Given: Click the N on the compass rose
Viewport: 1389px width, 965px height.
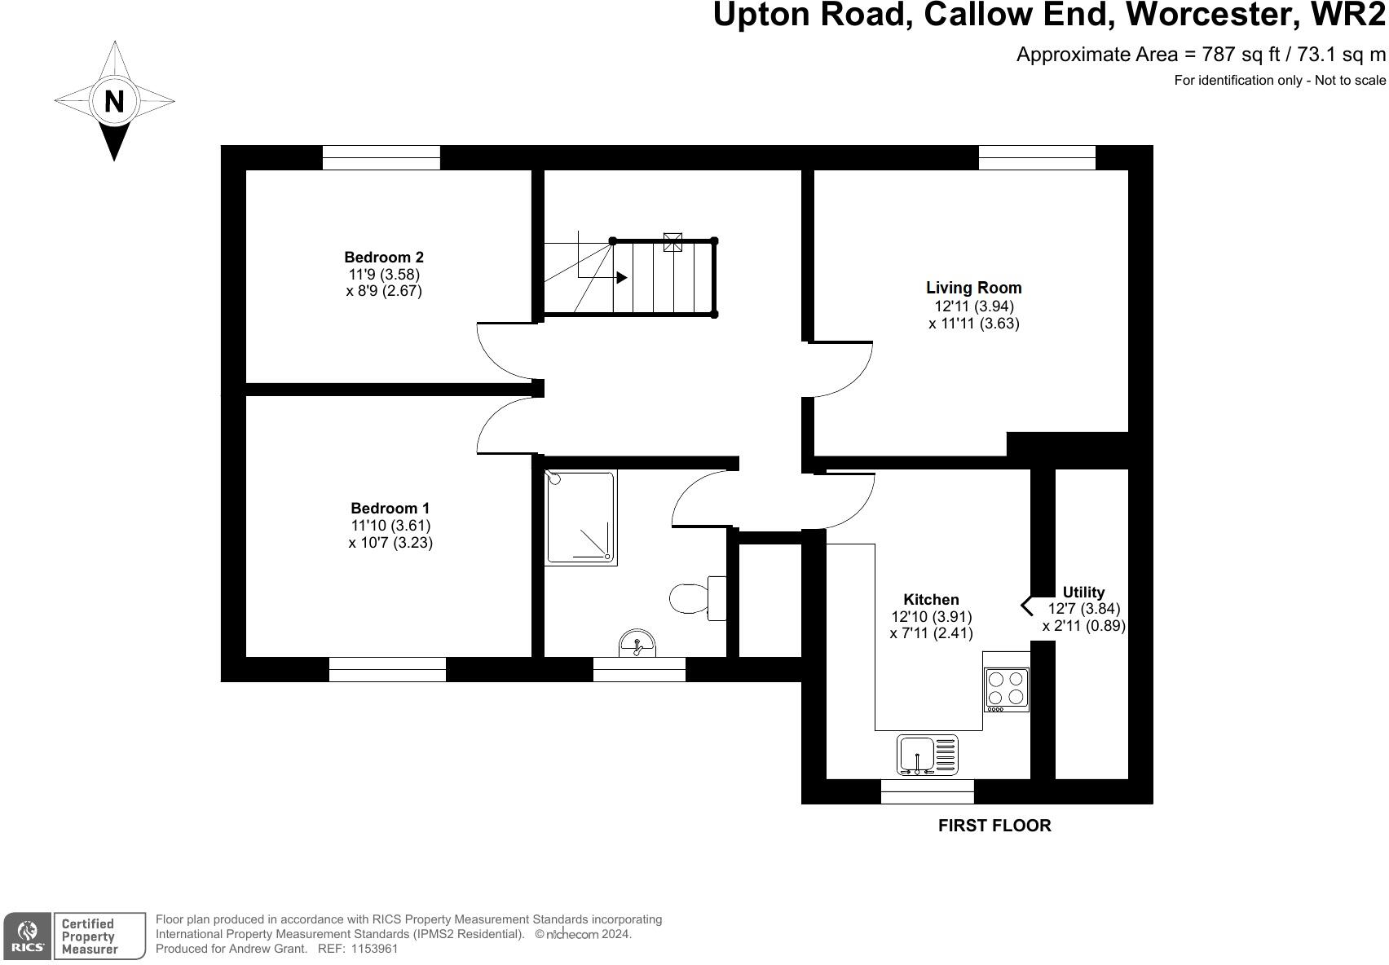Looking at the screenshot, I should tap(114, 101).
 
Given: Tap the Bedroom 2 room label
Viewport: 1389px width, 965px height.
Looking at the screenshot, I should tap(383, 258).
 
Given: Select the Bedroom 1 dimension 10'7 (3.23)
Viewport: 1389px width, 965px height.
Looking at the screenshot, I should tap(390, 543).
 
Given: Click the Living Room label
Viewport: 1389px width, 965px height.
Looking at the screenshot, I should tap(973, 288).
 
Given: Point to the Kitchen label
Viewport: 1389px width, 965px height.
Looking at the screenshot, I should tap(931, 599).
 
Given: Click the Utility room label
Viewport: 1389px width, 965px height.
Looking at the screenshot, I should tap(1083, 593).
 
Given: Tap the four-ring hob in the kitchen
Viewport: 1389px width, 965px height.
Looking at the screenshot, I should tap(1006, 688).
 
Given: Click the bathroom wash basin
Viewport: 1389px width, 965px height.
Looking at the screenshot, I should tap(637, 643).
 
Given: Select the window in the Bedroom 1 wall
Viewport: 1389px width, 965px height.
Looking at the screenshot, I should tap(387, 669).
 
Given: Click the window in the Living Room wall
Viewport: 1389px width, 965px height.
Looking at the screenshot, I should tap(1036, 157).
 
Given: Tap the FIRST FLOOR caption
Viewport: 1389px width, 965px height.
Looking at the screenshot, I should tap(994, 826).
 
